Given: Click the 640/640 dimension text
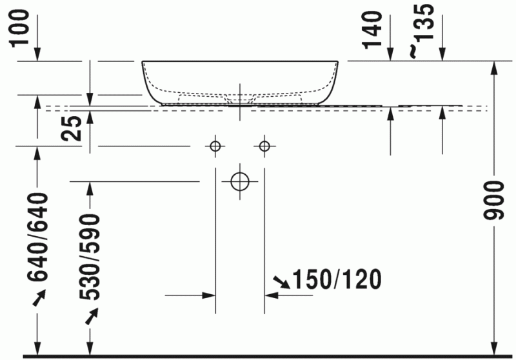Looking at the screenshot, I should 39,237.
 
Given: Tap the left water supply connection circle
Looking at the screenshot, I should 215,146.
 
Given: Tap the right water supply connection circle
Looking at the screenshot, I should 264,146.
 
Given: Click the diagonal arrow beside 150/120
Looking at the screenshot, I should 281,281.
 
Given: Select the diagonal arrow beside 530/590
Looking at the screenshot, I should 90,314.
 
